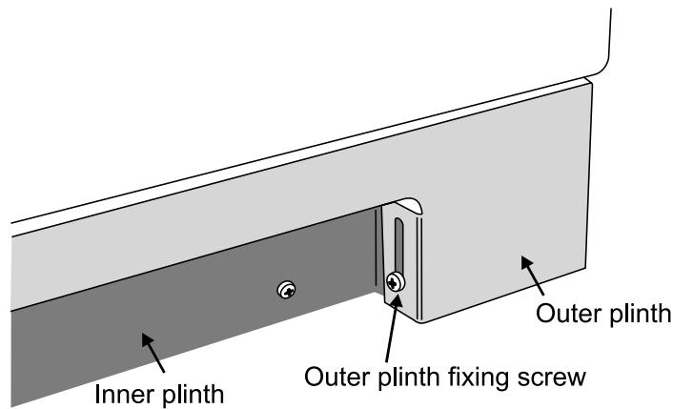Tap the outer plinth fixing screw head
[x=396, y=281]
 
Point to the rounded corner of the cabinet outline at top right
[x=601, y=62]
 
